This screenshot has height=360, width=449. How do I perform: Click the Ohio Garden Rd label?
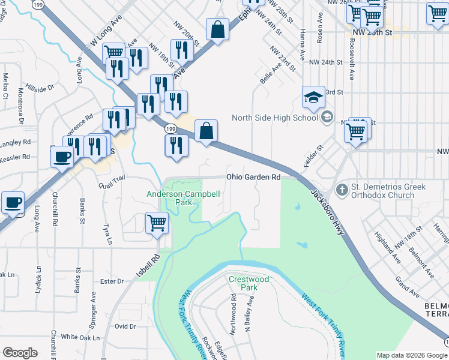(253, 177)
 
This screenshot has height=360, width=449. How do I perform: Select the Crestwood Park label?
(249, 283)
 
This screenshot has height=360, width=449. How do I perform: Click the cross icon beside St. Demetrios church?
(342, 191)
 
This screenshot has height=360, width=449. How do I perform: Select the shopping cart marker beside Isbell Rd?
(157, 223)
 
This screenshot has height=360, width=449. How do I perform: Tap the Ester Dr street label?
(112, 281)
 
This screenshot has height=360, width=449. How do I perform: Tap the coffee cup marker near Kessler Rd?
(62, 157)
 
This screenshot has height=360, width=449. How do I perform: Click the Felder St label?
(316, 155)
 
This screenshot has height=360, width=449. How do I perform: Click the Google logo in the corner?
(20, 353)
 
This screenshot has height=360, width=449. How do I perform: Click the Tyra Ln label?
(107, 235)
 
